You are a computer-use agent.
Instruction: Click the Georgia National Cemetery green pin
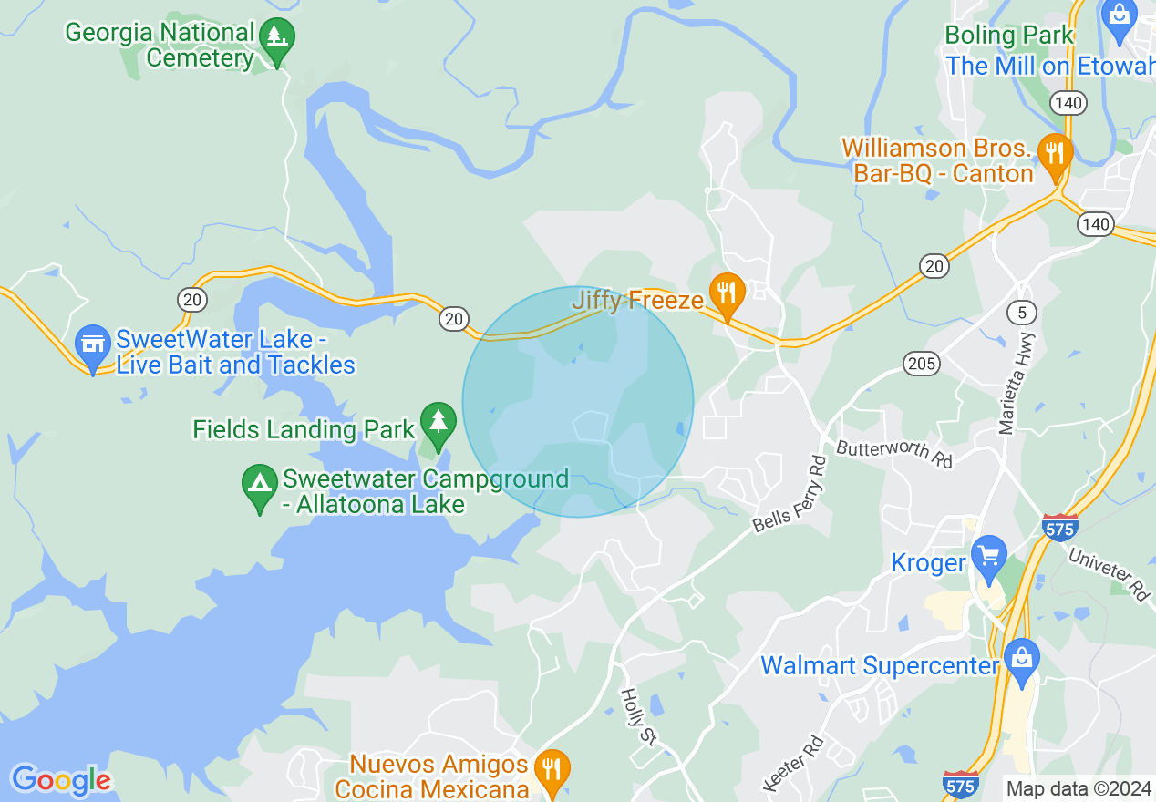pyautogui.click(x=276, y=39)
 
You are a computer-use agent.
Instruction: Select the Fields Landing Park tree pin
pyautogui.click(x=438, y=424)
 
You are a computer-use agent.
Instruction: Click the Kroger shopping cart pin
pyautogui.click(x=988, y=557)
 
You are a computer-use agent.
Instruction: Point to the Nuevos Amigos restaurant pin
pyautogui.click(x=551, y=770)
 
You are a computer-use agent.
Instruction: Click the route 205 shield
pyautogui.click(x=922, y=365)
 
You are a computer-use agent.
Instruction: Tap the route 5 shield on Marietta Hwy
pyautogui.click(x=1022, y=313)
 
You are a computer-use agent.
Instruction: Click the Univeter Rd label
pyautogui.click(x=1110, y=574)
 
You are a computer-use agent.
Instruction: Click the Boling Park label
pyautogui.click(x=1009, y=36)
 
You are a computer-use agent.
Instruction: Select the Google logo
pyautogui.click(x=61, y=780)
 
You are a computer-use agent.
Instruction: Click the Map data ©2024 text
pyautogui.click(x=1079, y=788)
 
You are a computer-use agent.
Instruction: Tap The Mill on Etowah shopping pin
pyautogui.click(x=1117, y=18)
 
